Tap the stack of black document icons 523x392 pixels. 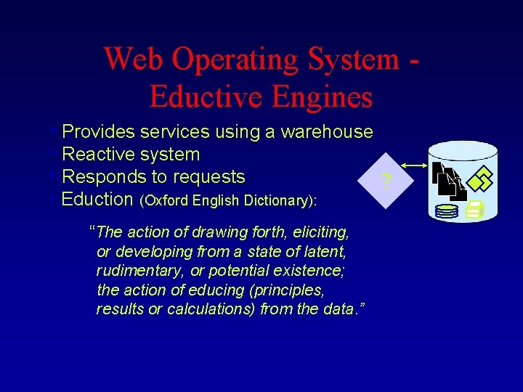449,182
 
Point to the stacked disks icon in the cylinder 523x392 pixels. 446,211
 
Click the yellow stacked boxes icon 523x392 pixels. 475,211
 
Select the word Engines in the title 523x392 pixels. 322,96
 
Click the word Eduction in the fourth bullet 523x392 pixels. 97,199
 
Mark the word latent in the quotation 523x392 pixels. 325,252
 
